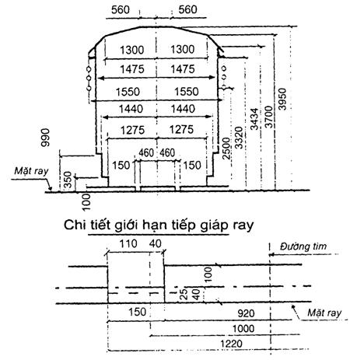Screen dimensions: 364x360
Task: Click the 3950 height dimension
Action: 283,99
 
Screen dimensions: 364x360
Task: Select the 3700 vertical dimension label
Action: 269,117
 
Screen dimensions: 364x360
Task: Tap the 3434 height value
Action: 254,119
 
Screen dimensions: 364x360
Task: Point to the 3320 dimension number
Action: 239,138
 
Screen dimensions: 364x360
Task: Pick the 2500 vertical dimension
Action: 226,149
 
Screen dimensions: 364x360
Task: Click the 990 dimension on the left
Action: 45,138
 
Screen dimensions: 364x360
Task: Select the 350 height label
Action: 68,180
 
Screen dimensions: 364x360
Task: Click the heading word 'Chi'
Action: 75,225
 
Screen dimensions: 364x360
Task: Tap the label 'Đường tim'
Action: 303,246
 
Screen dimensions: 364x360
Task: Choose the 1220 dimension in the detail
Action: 231,344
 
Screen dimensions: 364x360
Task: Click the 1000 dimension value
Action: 243,329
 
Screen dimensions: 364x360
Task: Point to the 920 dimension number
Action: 246,313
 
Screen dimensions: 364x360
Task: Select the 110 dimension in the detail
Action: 128,243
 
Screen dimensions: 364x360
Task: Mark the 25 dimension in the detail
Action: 184,294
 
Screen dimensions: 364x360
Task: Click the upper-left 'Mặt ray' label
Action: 31,171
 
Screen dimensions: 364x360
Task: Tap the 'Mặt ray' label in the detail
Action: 324,313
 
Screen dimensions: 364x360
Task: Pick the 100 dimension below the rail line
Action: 86,202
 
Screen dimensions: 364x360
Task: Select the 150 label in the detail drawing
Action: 138,312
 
